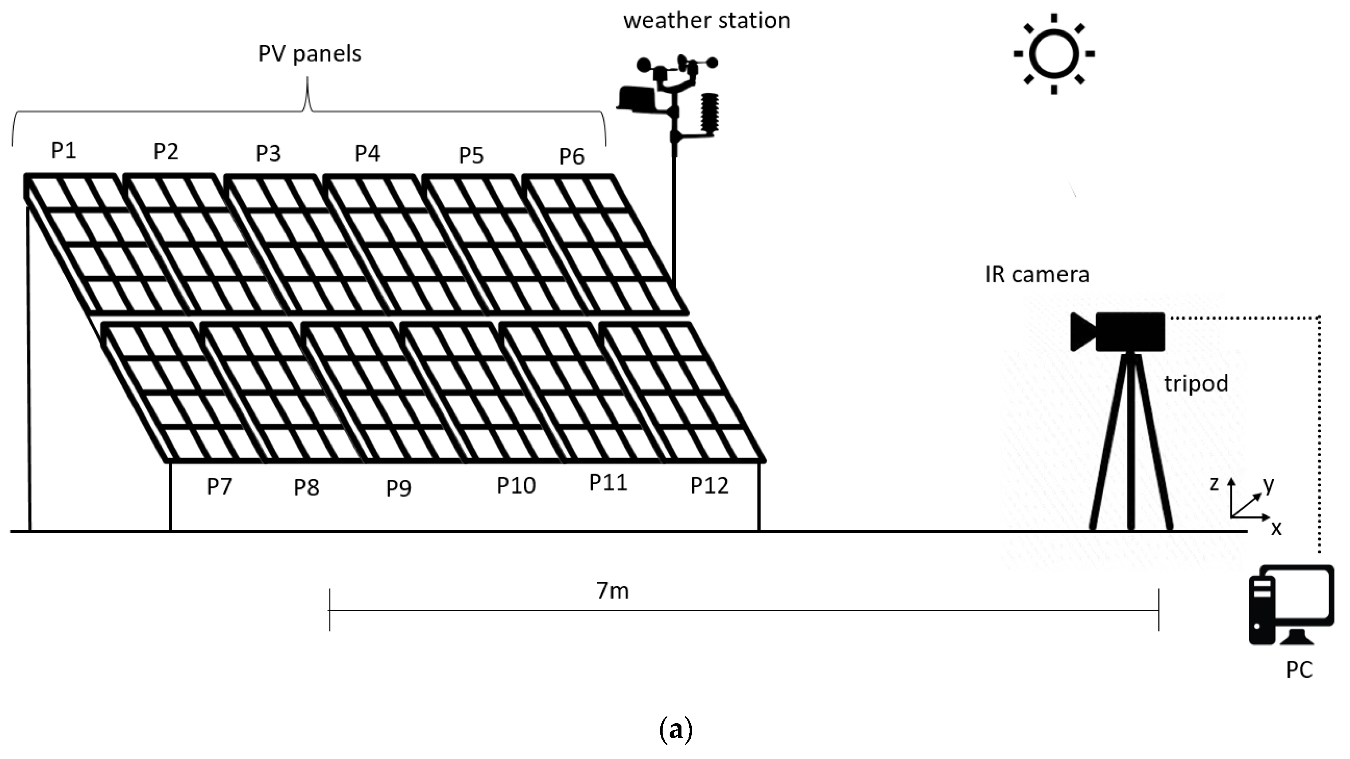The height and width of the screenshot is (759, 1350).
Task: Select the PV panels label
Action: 310,54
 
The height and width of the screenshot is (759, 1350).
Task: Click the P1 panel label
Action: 63,151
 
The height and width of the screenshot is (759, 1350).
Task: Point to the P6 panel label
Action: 571,156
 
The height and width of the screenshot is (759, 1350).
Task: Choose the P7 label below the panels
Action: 219,487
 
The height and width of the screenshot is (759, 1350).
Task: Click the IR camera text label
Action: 1037,274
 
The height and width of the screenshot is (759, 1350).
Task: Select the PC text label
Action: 1299,670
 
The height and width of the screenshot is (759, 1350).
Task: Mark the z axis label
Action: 1214,484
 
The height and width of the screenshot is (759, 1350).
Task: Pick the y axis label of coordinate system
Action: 1268,485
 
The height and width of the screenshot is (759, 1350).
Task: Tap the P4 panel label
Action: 367,153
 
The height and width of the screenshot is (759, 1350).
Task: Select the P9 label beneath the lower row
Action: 398,488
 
